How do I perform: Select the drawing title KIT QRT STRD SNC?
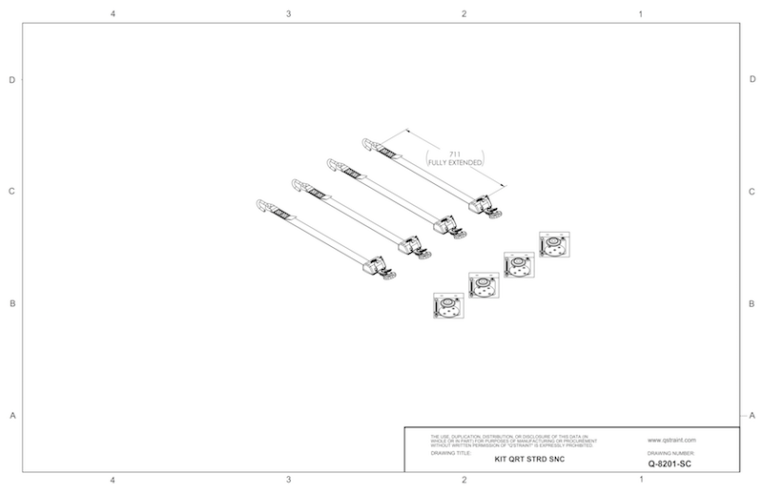point(530,458)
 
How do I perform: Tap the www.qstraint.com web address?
point(671,440)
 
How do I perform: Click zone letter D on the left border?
point(11,80)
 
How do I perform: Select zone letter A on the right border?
point(753,416)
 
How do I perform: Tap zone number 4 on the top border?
point(113,14)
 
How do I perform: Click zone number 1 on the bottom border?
point(640,481)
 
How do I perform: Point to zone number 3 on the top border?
point(288,14)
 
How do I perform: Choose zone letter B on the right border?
point(753,304)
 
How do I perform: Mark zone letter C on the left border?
point(11,192)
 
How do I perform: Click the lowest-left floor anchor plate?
point(447,307)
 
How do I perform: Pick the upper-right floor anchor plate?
point(553,245)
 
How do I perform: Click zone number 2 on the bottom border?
point(464,481)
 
